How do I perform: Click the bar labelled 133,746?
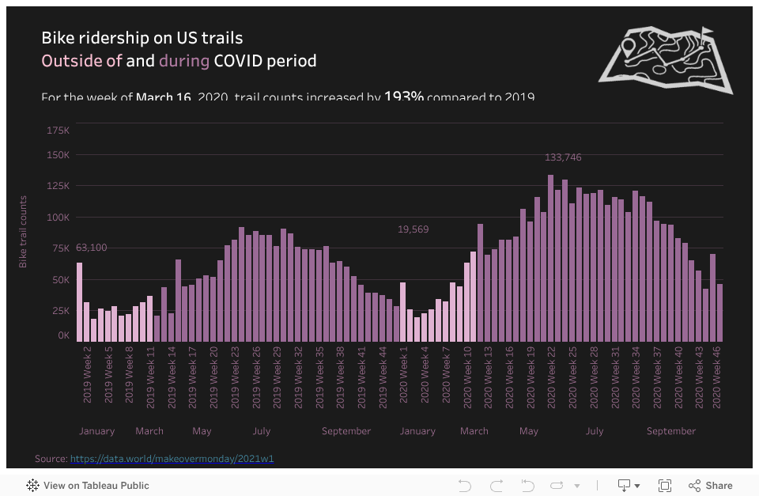coord(550,257)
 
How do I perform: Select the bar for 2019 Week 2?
coord(79,301)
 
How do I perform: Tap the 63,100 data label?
coord(92,248)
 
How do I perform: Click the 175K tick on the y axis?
coord(58,130)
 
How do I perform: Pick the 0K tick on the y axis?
coord(63,335)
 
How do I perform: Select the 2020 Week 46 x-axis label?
coord(719,376)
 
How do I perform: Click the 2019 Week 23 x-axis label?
coord(236,376)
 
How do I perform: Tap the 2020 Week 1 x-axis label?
coord(404,376)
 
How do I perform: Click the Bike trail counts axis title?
coord(24,232)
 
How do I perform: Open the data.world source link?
coord(172,459)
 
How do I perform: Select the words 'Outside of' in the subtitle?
coord(81,61)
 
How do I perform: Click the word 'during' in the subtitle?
coord(184,61)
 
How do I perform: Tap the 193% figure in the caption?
coord(404,97)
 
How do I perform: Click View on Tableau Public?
coord(88,486)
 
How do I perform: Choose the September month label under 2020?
coord(671,431)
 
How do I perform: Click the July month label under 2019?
coord(262,431)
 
